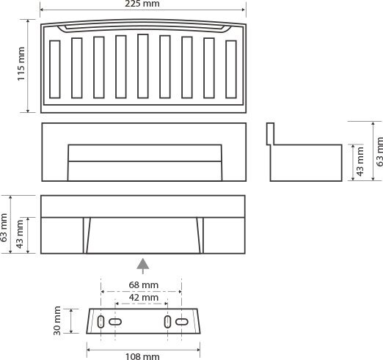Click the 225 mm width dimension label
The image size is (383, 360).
(x=142, y=4)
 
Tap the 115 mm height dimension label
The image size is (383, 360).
(x=21, y=64)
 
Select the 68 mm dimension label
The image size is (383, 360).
(x=144, y=285)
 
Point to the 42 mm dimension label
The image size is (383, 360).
(x=144, y=298)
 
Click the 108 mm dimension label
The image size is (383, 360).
(x=142, y=356)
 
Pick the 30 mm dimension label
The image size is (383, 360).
(x=57, y=320)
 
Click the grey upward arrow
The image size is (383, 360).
(x=143, y=266)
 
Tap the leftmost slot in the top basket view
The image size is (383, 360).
(x=55, y=70)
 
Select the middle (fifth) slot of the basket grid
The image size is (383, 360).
(x=143, y=66)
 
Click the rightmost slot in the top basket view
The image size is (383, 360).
(x=231, y=70)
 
